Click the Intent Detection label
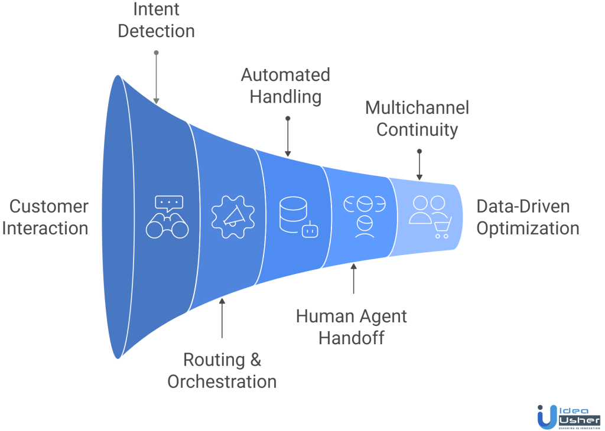pos(156,20)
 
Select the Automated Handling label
pos(285,86)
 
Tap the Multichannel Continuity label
pos(417,118)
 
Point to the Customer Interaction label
pos(45,217)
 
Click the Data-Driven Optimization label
pos(527,217)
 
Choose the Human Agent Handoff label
pos(352,326)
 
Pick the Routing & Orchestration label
pos(222,370)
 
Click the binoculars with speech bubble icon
pos(167,217)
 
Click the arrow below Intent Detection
pos(156,77)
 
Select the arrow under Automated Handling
pos(288,136)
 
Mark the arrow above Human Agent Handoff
pos(354,279)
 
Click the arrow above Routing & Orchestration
pos(222,318)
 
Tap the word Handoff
pos(352,338)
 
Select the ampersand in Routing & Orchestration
pos(255,360)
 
